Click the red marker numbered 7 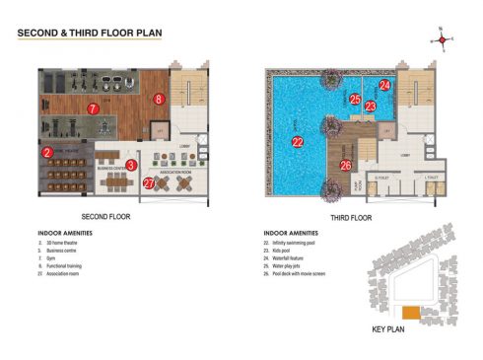click(x=92, y=108)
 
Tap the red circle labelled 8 click(x=158, y=99)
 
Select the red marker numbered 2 click(x=46, y=152)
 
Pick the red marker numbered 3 click(x=131, y=165)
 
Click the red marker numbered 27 click(x=149, y=182)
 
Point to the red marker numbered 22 click(x=298, y=142)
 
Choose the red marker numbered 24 click(x=385, y=86)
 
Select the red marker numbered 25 click(x=355, y=99)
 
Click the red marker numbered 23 click(x=371, y=106)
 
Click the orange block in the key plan click(x=411, y=313)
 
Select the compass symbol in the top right click(x=442, y=40)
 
